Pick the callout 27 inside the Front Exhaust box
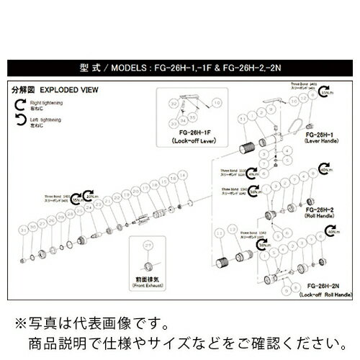click(149, 246)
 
